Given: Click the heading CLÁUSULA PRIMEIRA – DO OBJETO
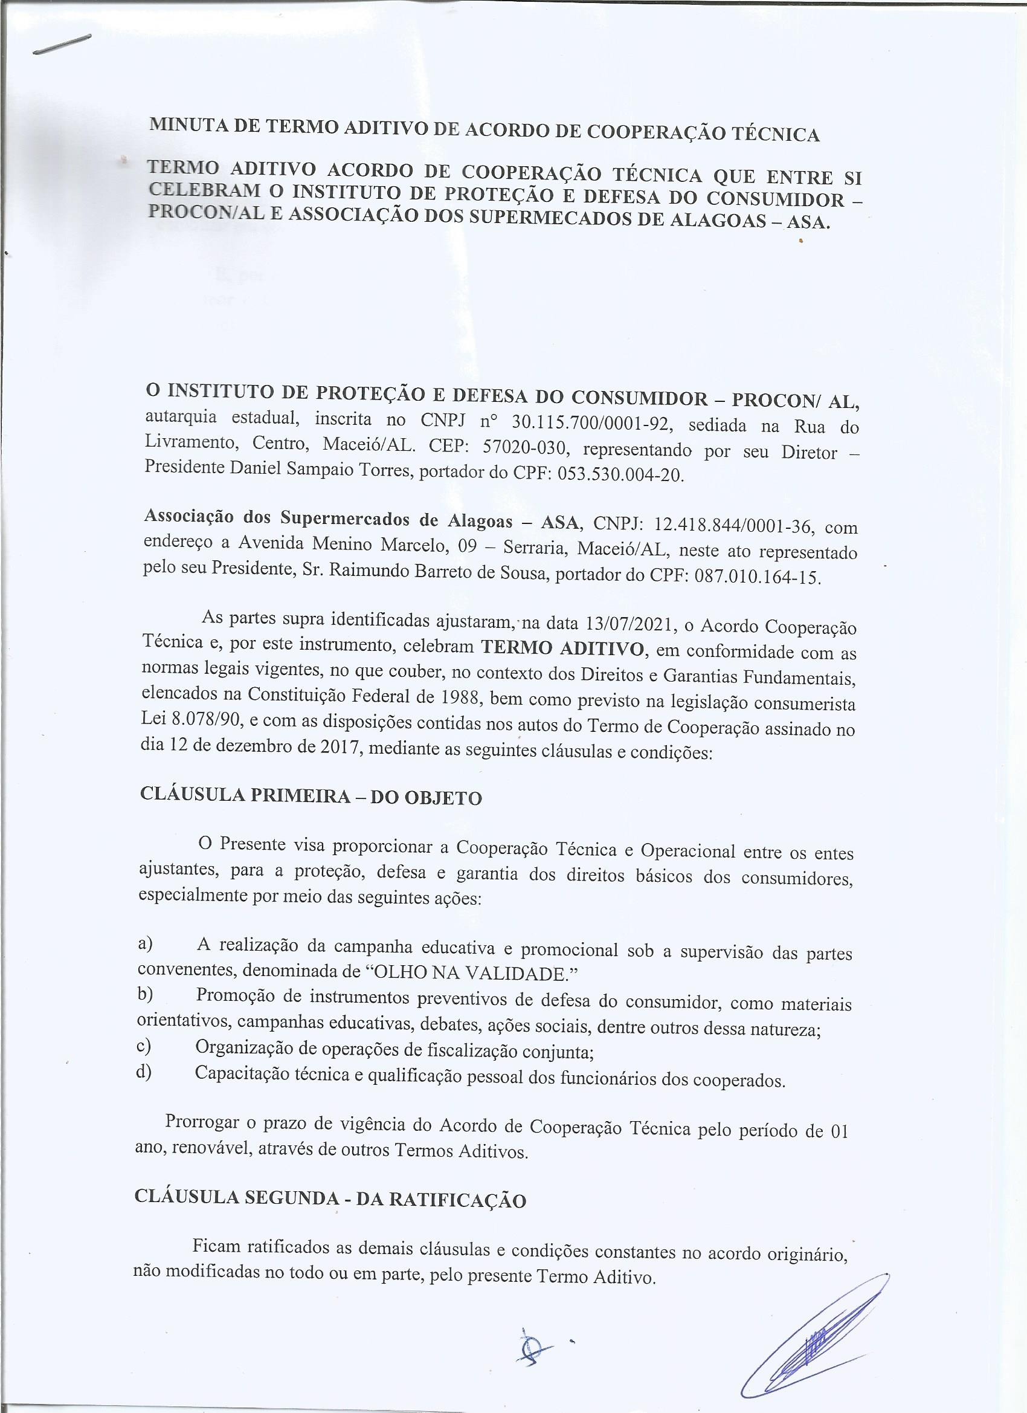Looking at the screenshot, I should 311,796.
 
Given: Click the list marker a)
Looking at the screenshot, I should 146,943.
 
